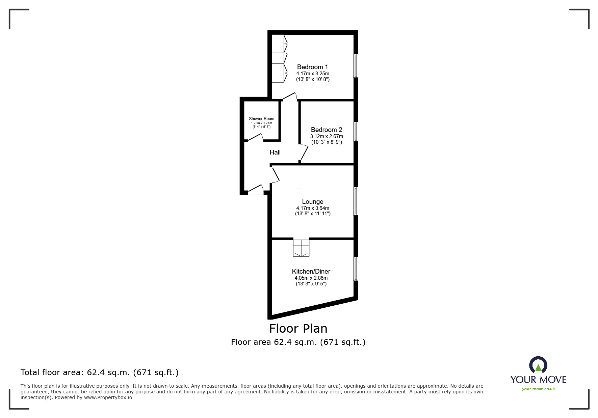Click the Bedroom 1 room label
312,67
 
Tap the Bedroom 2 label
326,130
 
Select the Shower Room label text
261,119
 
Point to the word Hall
275,152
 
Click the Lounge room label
312,202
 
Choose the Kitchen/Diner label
311,271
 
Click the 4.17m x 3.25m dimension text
313,73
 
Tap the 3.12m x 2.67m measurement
327,136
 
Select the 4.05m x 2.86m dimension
311,278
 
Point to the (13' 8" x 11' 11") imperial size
313,214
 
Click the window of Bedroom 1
356,65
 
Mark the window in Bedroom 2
356,132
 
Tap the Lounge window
356,201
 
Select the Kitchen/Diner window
356,269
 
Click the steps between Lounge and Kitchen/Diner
301,248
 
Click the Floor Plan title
298,328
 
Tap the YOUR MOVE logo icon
538,365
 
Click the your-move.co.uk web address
538,389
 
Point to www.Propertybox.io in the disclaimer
108,397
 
